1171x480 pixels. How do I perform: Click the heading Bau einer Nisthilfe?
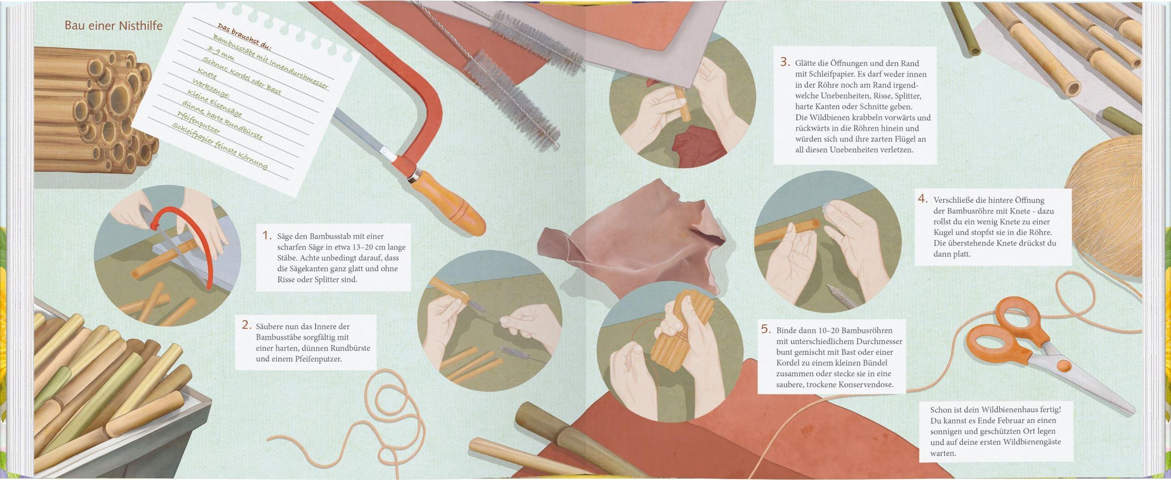pyautogui.click(x=114, y=25)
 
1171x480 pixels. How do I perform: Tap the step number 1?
pyautogui.click(x=266, y=235)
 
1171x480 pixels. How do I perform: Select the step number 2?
pyautogui.click(x=246, y=325)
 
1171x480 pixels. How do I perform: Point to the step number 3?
pyautogui.click(x=785, y=62)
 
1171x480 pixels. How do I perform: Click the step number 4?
pyautogui.click(x=923, y=199)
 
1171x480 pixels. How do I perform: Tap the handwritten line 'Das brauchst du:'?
pyautogui.click(x=244, y=37)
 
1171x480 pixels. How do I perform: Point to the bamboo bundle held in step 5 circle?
pyautogui.click(x=681, y=332)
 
